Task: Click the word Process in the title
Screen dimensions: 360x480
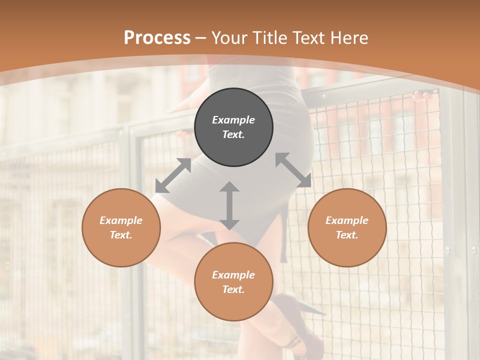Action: click(157, 38)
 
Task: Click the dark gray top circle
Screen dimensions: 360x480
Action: click(233, 127)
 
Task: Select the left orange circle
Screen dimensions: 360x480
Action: click(121, 227)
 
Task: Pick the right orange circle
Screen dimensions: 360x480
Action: click(347, 227)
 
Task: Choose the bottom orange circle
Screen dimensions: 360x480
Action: click(233, 282)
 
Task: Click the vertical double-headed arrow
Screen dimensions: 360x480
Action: click(229, 205)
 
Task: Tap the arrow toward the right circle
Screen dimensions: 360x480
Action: click(293, 170)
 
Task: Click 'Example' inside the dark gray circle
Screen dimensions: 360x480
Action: click(233, 120)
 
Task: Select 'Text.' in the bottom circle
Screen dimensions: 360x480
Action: click(233, 289)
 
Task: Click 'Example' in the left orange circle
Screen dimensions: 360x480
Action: click(121, 220)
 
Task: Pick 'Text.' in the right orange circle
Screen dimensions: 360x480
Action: click(347, 235)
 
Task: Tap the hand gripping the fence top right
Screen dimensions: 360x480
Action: click(423, 94)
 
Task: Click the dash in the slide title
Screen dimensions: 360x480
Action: click(201, 38)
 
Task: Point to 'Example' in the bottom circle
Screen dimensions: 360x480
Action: click(233, 275)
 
